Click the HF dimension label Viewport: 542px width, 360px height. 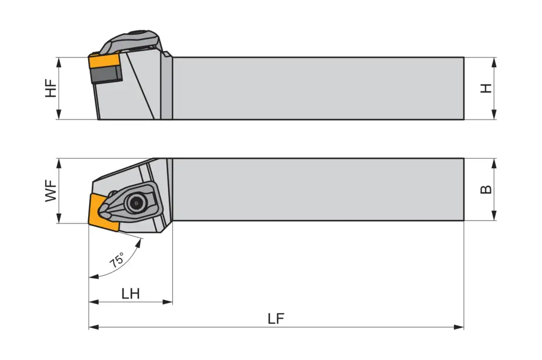tap(51, 89)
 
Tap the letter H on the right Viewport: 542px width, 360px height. tap(486, 89)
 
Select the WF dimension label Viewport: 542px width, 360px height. tap(51, 191)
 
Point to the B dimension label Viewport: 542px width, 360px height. tap(486, 190)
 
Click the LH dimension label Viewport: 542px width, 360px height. tap(130, 293)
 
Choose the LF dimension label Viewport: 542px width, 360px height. tap(276, 319)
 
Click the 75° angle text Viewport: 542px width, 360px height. tap(117, 260)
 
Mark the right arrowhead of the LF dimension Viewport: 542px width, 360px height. tap(460, 327)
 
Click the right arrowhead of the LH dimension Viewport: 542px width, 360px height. tap(168, 302)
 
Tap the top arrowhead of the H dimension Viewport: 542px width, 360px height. tap(494, 61)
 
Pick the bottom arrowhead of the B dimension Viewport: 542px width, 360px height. tap(494, 216)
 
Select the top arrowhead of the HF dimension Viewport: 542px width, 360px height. tap(59, 61)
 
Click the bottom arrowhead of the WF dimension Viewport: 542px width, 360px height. tap(59, 219)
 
